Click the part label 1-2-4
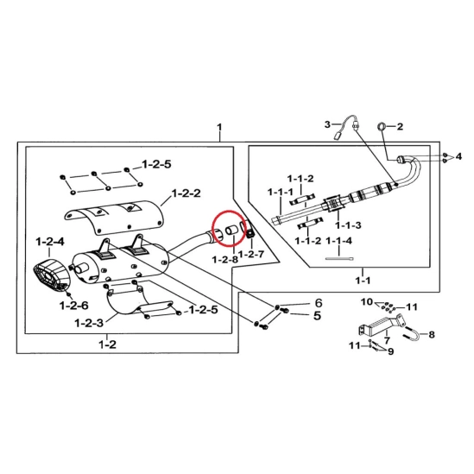click(50, 242)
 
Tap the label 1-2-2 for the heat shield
click(186, 193)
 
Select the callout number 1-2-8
click(224, 259)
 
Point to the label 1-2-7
click(251, 254)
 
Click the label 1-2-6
click(74, 306)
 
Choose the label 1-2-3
click(89, 323)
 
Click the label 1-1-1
click(281, 192)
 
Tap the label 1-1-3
click(348, 225)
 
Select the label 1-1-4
click(338, 241)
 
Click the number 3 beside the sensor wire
click(327, 124)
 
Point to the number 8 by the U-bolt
click(432, 334)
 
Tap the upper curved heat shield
click(114, 217)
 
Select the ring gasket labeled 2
click(382, 126)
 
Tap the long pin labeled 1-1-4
click(338, 258)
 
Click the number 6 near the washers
click(319, 302)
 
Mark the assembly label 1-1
click(363, 281)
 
